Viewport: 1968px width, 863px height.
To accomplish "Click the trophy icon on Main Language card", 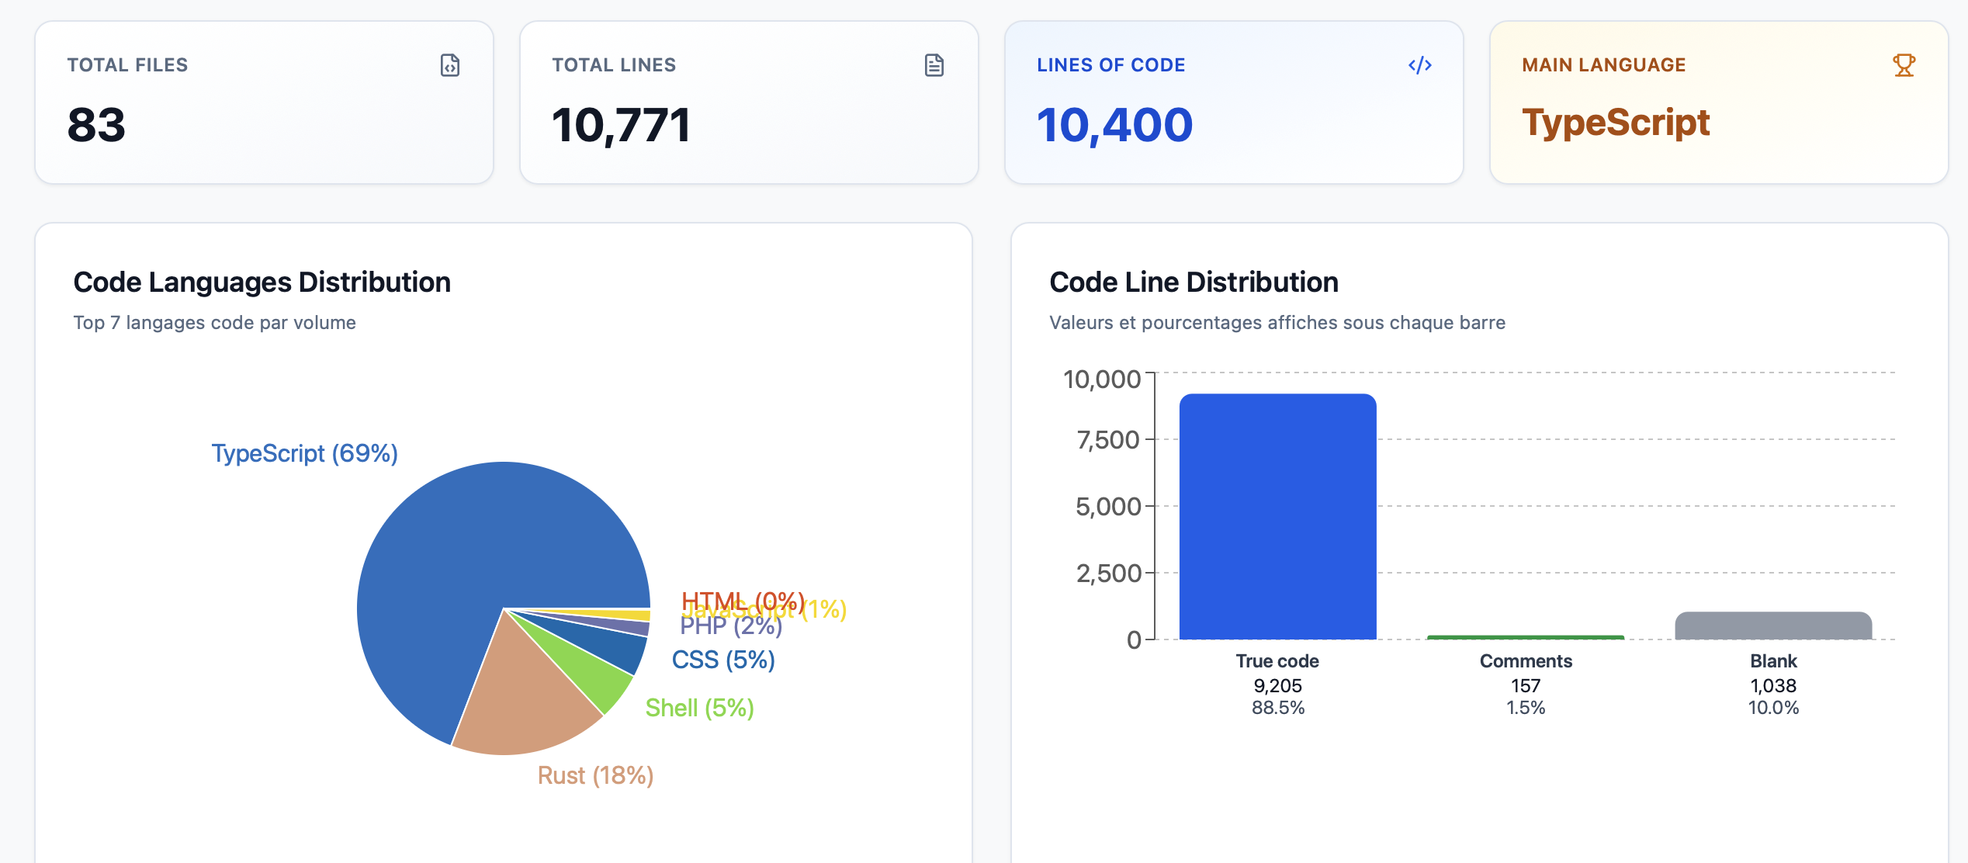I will pyautogui.click(x=1904, y=65).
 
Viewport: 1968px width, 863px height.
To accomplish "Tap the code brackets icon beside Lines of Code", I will pyautogui.click(x=1419, y=65).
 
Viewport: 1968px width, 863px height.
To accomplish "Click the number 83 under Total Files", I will pyautogui.click(x=96, y=125).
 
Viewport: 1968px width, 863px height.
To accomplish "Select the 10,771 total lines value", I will pyautogui.click(x=621, y=125).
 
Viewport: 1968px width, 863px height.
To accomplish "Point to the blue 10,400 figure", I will pyautogui.click(x=1114, y=125).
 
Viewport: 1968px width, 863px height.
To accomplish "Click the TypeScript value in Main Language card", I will pyautogui.click(x=1616, y=123).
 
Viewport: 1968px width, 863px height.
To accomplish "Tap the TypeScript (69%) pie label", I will pyautogui.click(x=304, y=453).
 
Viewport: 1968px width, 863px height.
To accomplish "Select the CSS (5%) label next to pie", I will pyautogui.click(x=722, y=660).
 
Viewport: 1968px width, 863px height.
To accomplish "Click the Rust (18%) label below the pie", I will pyautogui.click(x=595, y=775).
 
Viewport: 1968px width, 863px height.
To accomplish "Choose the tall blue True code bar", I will pyautogui.click(x=1277, y=516).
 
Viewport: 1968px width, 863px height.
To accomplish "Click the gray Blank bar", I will pyautogui.click(x=1773, y=626).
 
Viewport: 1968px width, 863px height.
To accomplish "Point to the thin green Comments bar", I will pyautogui.click(x=1525, y=637).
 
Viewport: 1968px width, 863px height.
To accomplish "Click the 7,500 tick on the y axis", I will pyautogui.click(x=1107, y=440).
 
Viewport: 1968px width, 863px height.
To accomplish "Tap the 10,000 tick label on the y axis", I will pyautogui.click(x=1101, y=380).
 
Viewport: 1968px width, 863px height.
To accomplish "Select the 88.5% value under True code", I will pyautogui.click(x=1277, y=708).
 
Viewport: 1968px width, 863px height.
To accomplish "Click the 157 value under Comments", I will pyautogui.click(x=1525, y=686).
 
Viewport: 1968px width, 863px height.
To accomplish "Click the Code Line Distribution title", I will pyautogui.click(x=1194, y=282).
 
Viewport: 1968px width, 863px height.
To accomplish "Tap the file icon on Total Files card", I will pyautogui.click(x=450, y=65).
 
